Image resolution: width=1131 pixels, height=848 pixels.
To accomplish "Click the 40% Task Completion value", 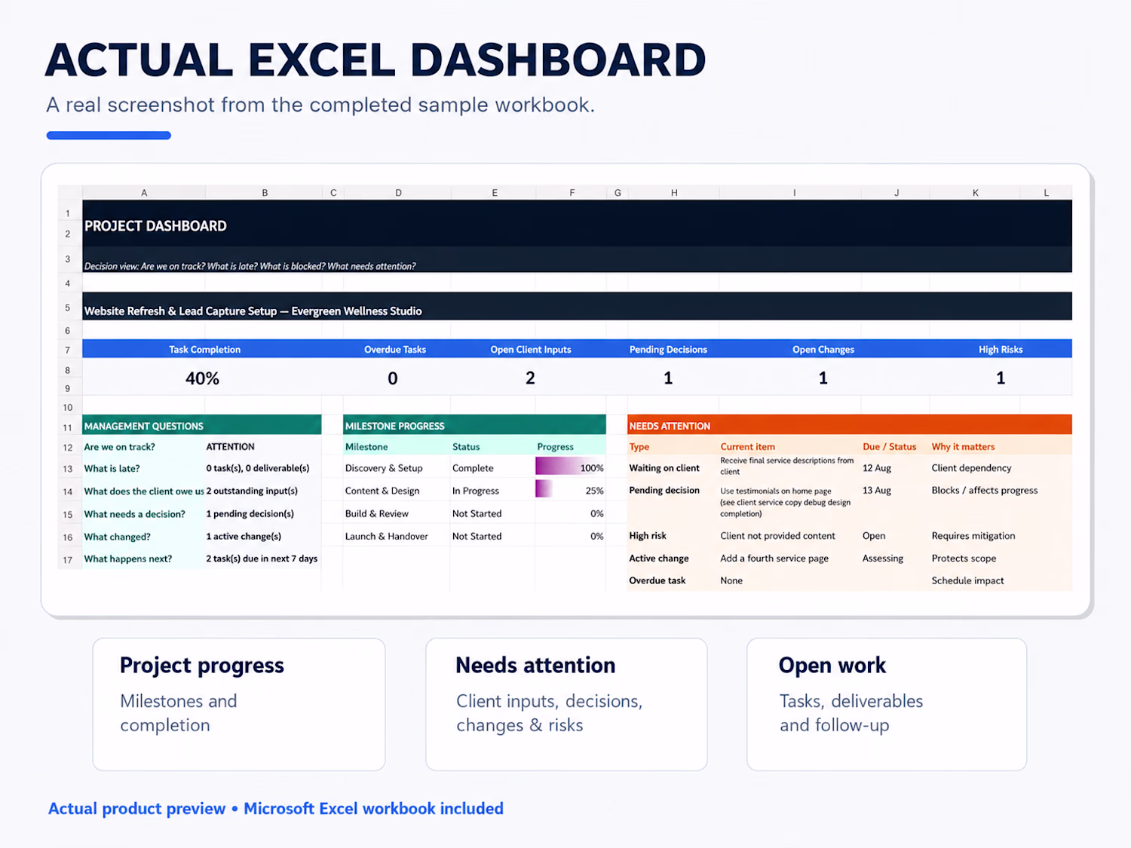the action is pyautogui.click(x=203, y=378).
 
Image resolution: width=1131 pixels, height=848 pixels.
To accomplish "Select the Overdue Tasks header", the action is pyautogui.click(x=395, y=350).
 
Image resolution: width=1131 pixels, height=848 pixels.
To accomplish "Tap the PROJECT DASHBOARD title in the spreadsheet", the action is pyautogui.click(x=155, y=226).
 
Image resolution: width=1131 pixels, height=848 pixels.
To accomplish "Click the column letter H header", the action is pyautogui.click(x=674, y=192).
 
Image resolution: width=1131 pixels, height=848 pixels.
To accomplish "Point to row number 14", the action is pyautogui.click(x=68, y=491).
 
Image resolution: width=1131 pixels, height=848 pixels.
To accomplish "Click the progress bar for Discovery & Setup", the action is pyautogui.click(x=556, y=467).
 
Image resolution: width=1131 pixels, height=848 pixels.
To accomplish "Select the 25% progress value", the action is pyautogui.click(x=595, y=491).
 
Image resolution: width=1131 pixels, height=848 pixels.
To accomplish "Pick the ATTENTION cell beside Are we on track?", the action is pyautogui.click(x=230, y=446).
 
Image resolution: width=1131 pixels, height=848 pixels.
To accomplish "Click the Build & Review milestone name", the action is pyautogui.click(x=377, y=513).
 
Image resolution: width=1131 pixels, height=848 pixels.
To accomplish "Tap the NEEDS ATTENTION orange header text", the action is pyautogui.click(x=670, y=426).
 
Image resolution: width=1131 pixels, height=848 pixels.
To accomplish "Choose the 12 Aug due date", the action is pyautogui.click(x=876, y=468).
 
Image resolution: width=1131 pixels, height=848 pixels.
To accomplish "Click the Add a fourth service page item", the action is pyautogui.click(x=774, y=558).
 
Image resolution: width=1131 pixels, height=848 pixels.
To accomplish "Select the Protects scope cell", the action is pyautogui.click(x=964, y=558).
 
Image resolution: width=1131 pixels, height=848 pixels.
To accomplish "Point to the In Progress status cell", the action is pyautogui.click(x=476, y=491).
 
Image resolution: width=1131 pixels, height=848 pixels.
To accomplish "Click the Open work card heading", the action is pyautogui.click(x=832, y=666).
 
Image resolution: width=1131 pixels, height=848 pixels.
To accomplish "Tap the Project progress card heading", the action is pyautogui.click(x=202, y=666).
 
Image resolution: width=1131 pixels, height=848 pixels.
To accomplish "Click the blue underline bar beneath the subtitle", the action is pyautogui.click(x=109, y=136).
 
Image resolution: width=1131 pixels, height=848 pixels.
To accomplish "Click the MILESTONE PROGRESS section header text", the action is pyautogui.click(x=394, y=426).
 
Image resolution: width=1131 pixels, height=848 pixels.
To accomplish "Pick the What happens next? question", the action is pyautogui.click(x=128, y=559).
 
